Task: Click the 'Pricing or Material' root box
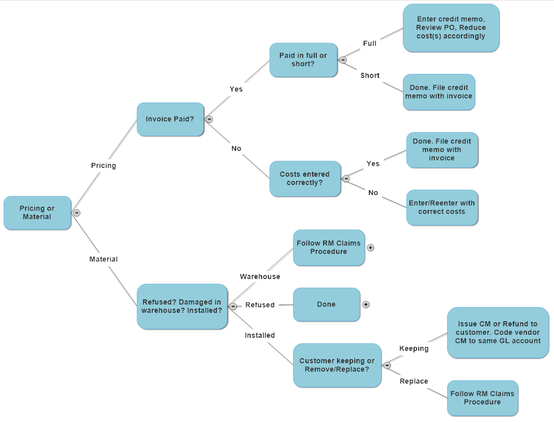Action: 37,213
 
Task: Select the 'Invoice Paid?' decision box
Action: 170,119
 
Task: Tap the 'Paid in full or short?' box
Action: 303,60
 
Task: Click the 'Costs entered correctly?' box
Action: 305,178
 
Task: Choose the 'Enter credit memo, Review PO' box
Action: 451,28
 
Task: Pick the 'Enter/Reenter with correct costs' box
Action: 442,207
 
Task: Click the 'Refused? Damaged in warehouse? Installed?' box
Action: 182,306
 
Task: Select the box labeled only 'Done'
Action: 326,305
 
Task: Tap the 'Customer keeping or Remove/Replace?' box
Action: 337,365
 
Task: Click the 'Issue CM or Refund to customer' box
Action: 498,332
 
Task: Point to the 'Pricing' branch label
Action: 104,165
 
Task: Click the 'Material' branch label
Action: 104,259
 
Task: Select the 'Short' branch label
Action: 370,75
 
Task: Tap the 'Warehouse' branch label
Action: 260,276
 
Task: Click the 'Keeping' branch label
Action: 414,348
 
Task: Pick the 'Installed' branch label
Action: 260,335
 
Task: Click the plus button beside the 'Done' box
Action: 366,305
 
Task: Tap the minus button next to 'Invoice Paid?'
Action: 210,119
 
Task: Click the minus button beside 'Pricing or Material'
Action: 76,213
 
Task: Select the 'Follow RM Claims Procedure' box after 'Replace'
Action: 482,398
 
